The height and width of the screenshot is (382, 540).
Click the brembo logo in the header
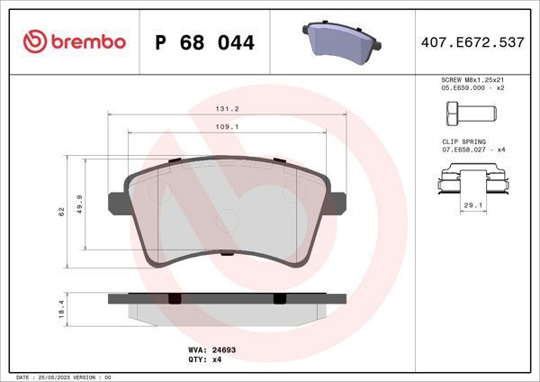pyautogui.click(x=75, y=41)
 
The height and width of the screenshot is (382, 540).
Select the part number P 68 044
pyautogui.click(x=205, y=42)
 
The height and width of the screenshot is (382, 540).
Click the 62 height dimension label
pyautogui.click(x=61, y=211)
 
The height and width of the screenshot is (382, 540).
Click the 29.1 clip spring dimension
pyautogui.click(x=472, y=206)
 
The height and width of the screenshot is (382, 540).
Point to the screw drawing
pyautogui.click(x=470, y=114)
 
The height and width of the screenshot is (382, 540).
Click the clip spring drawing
pyautogui.click(x=472, y=184)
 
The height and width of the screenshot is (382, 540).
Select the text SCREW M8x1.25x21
pyautogui.click(x=472, y=80)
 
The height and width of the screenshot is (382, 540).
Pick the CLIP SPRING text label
pyautogui.click(x=463, y=141)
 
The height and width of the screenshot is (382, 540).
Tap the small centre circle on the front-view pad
pyautogui.click(x=227, y=216)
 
